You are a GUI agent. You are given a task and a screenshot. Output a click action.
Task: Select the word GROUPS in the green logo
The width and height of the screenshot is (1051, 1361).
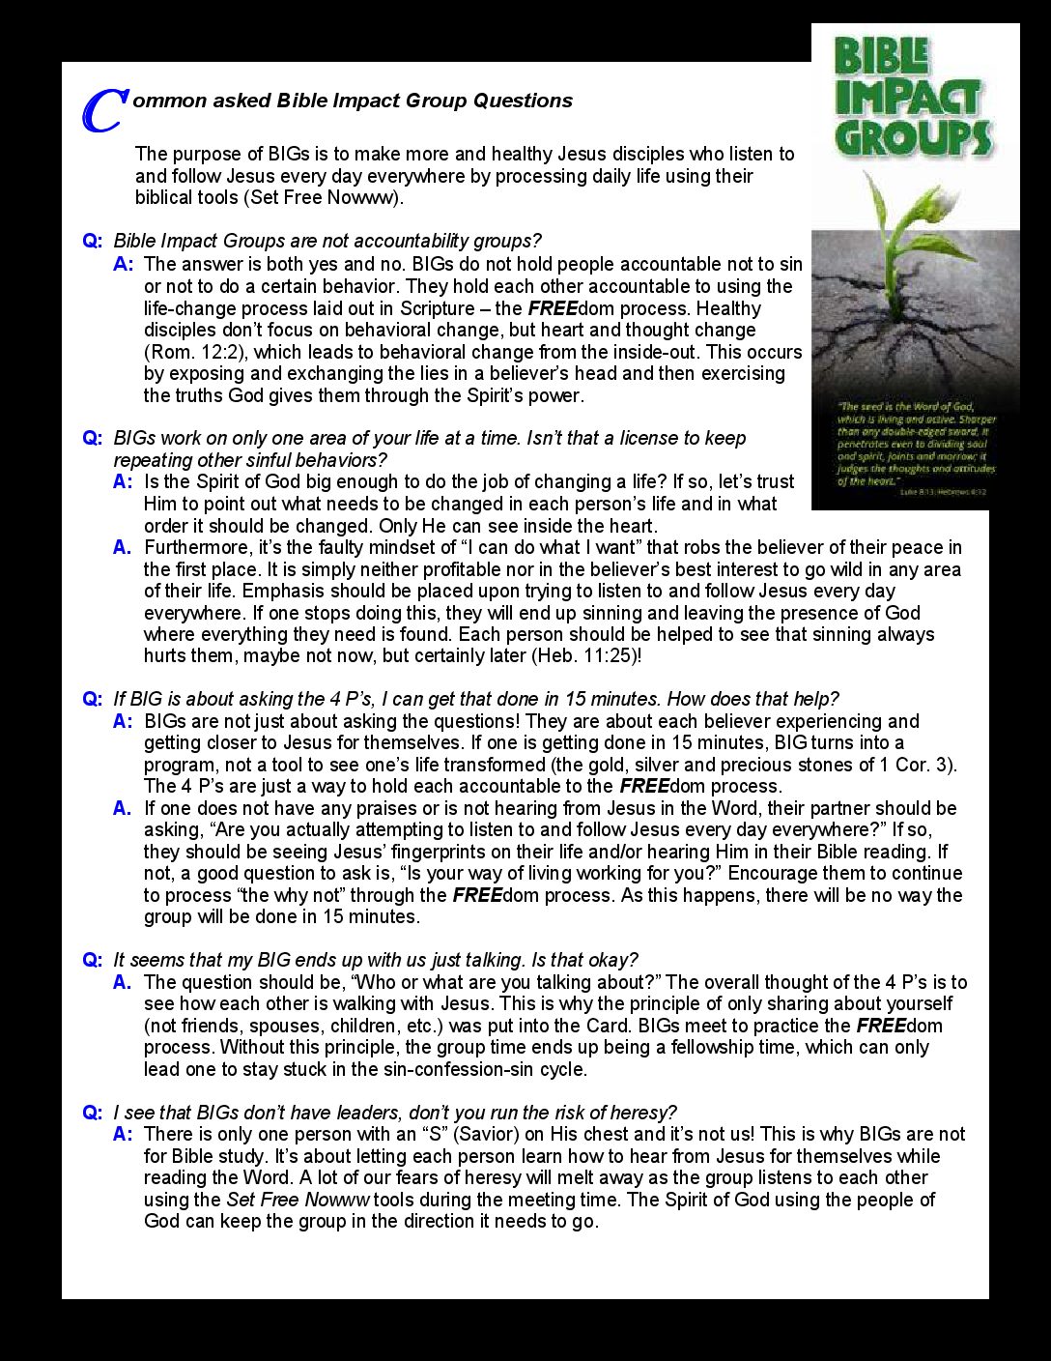pyautogui.click(x=913, y=136)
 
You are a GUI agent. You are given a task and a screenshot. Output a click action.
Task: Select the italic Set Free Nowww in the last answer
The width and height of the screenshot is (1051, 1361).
pyautogui.click(x=298, y=1200)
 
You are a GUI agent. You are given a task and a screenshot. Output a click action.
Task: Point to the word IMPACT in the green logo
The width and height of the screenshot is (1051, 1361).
pyautogui.click(x=908, y=97)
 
